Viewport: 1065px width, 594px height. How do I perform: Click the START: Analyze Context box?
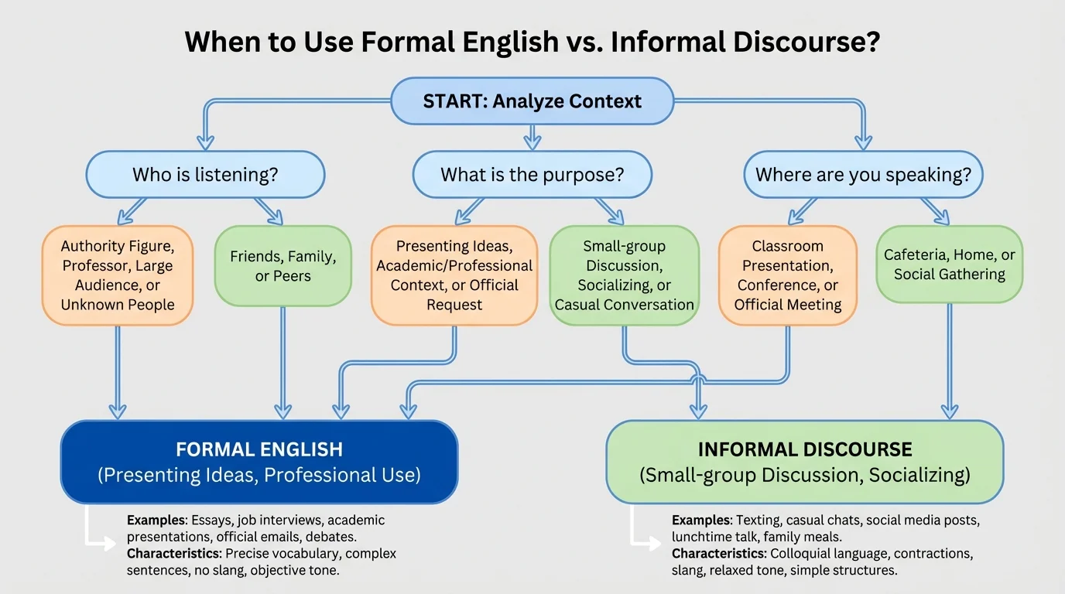click(x=532, y=101)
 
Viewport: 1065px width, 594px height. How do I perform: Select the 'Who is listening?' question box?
click(x=205, y=175)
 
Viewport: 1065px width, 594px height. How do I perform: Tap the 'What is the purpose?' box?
click(x=532, y=175)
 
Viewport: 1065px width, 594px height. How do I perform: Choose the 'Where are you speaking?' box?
click(x=863, y=175)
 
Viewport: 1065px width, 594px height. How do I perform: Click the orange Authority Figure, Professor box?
click(x=118, y=275)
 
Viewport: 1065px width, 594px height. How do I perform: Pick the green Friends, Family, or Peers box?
click(x=283, y=266)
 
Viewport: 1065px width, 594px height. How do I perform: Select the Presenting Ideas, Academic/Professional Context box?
click(x=454, y=275)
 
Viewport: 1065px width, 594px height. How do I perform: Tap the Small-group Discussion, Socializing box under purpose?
click(x=624, y=275)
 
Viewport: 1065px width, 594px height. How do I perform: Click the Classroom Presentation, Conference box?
click(x=788, y=275)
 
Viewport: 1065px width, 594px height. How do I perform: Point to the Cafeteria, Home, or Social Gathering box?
click(x=950, y=264)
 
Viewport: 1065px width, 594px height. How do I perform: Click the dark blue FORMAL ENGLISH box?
click(x=259, y=462)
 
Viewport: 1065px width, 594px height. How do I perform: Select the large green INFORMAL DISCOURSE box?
click(x=805, y=462)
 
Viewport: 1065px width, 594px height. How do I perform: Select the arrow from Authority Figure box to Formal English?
click(x=118, y=371)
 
